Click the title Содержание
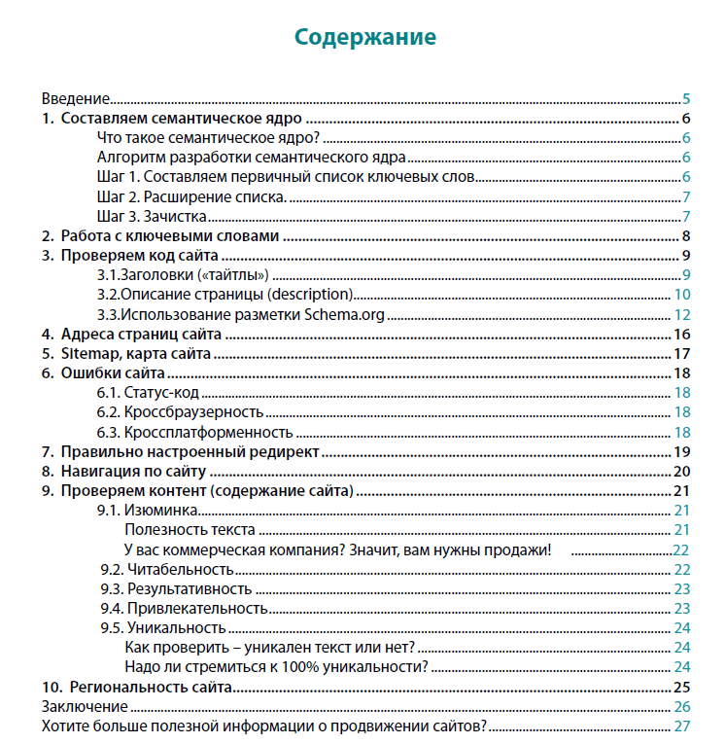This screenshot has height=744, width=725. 365,38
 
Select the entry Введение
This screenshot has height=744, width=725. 75,99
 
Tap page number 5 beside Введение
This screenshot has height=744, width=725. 686,99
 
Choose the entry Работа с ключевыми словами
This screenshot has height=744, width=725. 170,236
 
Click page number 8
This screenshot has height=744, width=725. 686,236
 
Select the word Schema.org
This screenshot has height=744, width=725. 345,314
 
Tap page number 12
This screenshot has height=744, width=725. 682,314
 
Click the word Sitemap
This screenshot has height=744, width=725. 88,354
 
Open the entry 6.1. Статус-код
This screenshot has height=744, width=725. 148,393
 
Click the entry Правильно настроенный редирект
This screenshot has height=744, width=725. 190,452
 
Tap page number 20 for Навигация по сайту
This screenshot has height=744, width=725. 681,472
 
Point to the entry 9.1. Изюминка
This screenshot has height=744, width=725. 149,511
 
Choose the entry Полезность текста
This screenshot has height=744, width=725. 190,530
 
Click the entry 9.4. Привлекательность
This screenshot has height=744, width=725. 184,609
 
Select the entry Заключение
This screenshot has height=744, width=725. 85,707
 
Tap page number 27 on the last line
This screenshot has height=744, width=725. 681,726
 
